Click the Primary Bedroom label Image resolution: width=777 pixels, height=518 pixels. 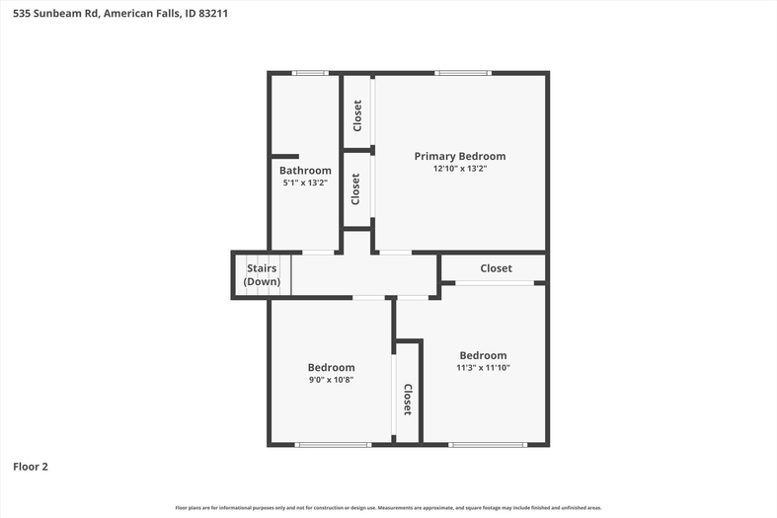[x=460, y=157]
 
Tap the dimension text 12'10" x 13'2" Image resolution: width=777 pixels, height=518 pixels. [x=460, y=169]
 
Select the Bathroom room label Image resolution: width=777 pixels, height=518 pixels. [x=305, y=171]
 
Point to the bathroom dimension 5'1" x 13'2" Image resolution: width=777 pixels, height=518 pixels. [x=305, y=183]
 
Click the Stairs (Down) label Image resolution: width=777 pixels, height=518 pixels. [x=262, y=275]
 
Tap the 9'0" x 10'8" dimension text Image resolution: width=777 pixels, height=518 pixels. [x=331, y=380]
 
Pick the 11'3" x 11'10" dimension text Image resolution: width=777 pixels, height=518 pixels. [x=483, y=367]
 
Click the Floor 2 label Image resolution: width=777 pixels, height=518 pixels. [x=31, y=467]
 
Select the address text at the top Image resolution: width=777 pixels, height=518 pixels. [x=120, y=14]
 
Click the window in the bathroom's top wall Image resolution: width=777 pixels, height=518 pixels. [x=310, y=73]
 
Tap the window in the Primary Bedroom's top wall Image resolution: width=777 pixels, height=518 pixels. [x=463, y=73]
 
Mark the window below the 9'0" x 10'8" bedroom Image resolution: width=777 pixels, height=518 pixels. [x=333, y=445]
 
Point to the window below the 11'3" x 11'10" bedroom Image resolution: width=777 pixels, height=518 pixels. [x=488, y=445]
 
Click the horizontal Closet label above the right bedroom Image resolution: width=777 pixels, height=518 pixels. [x=496, y=268]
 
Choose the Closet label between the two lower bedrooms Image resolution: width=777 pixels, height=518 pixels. [x=408, y=400]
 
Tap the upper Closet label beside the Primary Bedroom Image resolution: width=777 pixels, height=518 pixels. [x=357, y=115]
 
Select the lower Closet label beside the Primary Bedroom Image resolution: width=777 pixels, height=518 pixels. [x=355, y=188]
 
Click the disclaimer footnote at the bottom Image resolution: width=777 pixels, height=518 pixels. [x=389, y=507]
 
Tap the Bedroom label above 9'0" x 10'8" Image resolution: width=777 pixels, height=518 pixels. [x=331, y=367]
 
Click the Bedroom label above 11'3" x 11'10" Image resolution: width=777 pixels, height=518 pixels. [x=483, y=355]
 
